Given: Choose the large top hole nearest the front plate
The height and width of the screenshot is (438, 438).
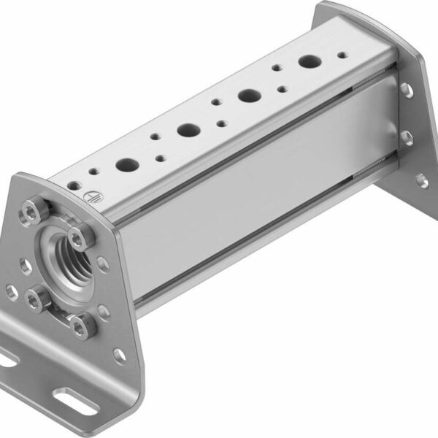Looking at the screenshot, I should [126, 165].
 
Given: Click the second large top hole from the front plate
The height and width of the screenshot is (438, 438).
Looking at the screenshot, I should [188, 131].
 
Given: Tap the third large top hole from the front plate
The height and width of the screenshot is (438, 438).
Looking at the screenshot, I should [250, 96].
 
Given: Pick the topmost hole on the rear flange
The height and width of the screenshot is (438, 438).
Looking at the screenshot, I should [404, 90].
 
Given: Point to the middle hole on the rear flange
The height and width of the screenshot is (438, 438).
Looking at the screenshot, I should [406, 137].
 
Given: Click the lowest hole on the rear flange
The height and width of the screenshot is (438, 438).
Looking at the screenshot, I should [421, 180].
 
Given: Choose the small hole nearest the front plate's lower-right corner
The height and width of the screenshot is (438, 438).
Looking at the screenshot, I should [118, 355].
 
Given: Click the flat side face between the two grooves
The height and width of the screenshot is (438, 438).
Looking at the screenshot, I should [255, 212].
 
